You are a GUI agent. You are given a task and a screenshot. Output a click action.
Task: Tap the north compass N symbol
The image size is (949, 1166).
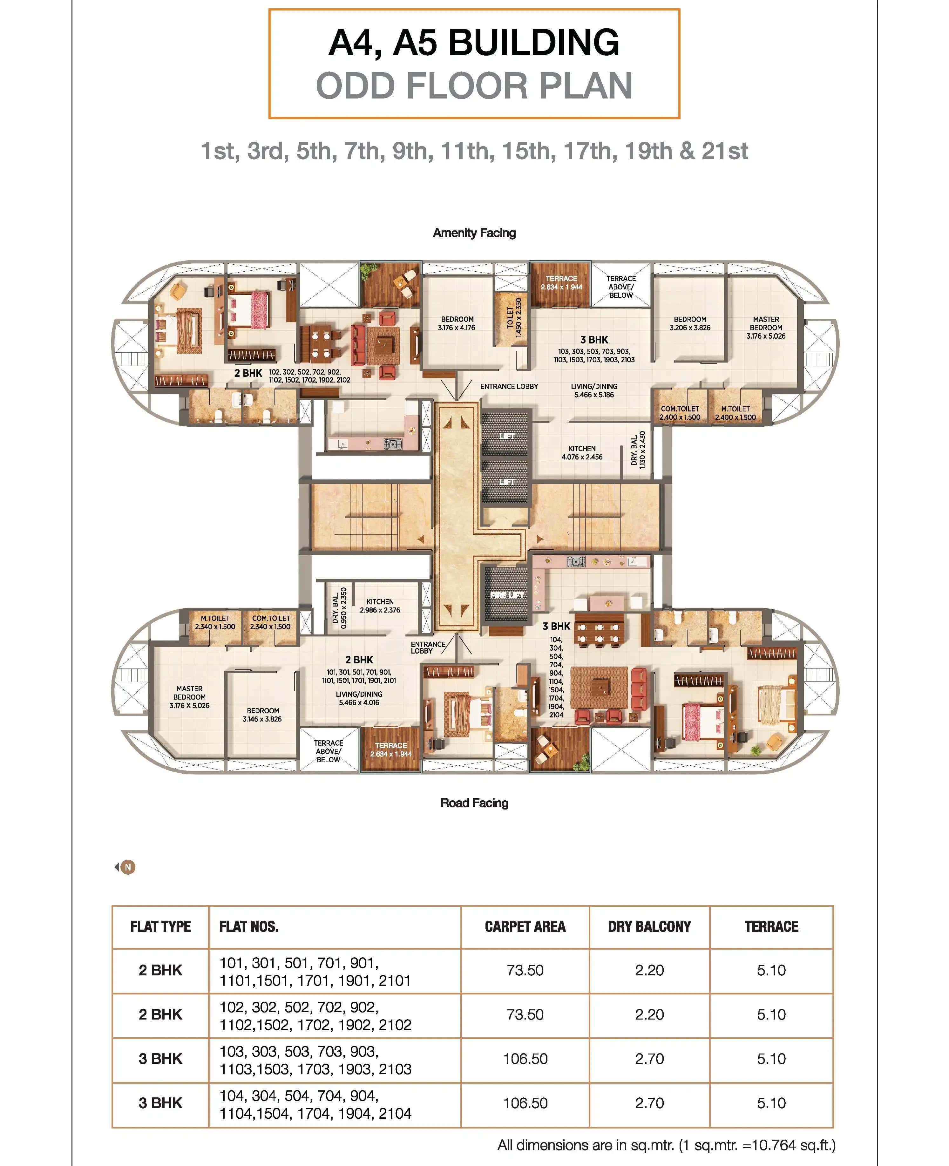(127, 867)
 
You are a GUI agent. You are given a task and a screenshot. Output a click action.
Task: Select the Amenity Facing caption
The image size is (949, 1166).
(474, 233)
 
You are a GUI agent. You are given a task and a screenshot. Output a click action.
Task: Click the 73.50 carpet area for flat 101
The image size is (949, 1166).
(525, 970)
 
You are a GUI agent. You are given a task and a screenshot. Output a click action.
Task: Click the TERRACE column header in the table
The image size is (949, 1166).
(771, 926)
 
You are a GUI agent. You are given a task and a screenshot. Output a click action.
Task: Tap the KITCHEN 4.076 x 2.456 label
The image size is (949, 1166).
(582, 453)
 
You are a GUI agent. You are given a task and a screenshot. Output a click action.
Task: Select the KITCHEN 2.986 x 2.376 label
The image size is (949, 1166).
(380, 606)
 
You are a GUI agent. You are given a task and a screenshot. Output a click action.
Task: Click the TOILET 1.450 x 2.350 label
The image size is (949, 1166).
(514, 317)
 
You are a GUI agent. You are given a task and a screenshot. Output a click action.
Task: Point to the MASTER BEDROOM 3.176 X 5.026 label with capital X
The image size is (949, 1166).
(189, 697)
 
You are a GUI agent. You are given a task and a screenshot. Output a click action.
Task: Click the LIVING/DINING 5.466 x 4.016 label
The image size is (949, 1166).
(359, 698)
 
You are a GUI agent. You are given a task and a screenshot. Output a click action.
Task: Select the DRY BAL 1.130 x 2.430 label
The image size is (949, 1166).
(638, 449)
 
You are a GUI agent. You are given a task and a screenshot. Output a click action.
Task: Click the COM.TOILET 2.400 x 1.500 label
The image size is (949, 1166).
(680, 413)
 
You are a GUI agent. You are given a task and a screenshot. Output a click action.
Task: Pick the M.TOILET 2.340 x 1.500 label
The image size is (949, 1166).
(215, 622)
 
